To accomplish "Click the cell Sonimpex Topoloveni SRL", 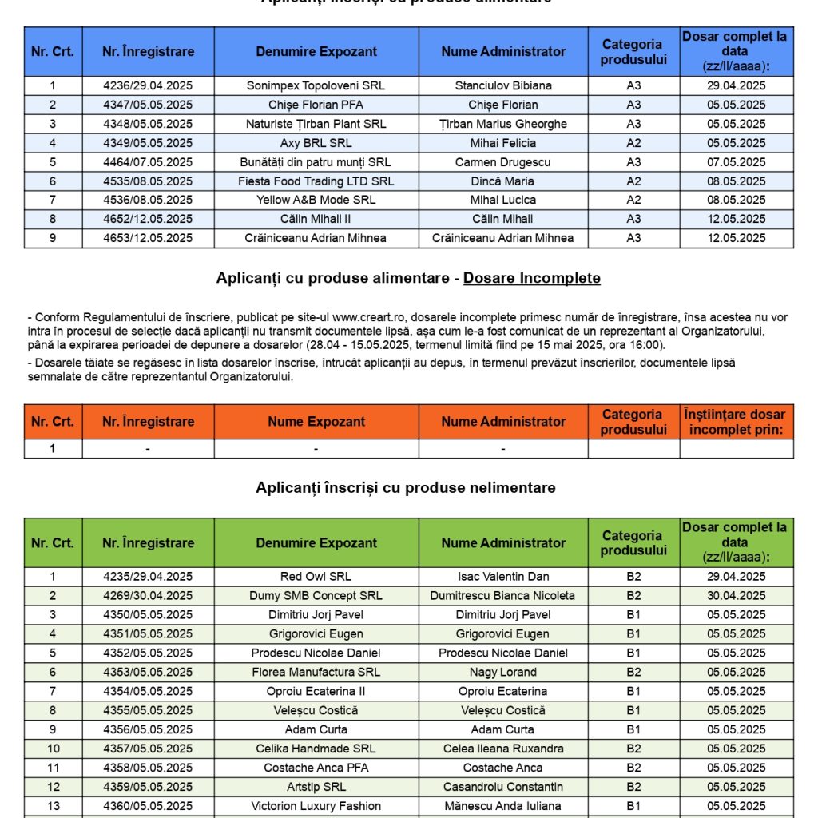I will point(316,85).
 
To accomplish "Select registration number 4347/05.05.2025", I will point(148,105).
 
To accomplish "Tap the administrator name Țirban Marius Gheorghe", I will point(503,124).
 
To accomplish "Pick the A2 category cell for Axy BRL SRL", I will point(633,143).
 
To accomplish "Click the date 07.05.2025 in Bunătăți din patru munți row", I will point(736,162).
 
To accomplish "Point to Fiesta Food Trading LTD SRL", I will point(316,181).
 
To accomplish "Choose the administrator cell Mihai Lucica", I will point(503,200).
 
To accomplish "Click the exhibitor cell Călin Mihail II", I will point(316,219).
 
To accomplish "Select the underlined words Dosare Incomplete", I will point(532,278).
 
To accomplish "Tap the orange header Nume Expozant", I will point(316,422).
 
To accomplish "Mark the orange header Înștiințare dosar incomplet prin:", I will point(736,422).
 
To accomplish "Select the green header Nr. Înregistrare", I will point(148,542).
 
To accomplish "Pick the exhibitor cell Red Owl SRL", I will point(316,576).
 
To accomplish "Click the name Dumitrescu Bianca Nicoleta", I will point(503,595).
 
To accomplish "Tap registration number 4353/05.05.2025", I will point(148,672).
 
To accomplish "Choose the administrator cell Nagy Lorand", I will point(503,672).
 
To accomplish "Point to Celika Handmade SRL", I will point(316,749).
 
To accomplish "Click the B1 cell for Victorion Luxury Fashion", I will point(633,806).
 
